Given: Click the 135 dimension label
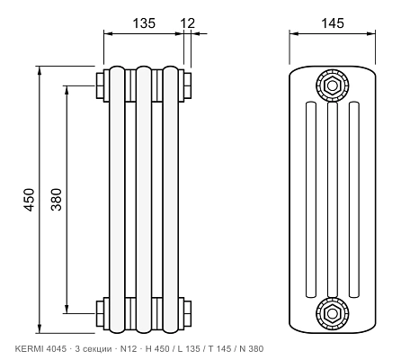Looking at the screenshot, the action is [x=144, y=23].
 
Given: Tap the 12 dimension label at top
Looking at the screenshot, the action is [x=188, y=23].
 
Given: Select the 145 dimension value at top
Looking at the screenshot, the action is [x=333, y=23].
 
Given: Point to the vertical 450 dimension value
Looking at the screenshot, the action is [x=30, y=200].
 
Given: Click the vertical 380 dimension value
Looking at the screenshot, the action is [x=56, y=200].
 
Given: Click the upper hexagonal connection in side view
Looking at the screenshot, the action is [x=332, y=85].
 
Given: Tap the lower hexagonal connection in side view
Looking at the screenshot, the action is [x=332, y=313].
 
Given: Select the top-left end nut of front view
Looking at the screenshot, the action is [x=100, y=85].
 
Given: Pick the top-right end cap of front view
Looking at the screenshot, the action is [x=188, y=85].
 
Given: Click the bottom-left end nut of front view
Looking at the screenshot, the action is [x=100, y=313].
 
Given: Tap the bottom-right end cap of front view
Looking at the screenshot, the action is [x=188, y=313].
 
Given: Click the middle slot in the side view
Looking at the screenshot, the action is [x=333, y=200].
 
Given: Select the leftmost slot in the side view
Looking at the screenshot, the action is [x=310, y=200].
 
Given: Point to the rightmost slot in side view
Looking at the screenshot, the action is [x=354, y=200].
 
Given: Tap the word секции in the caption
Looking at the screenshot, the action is [x=96, y=349].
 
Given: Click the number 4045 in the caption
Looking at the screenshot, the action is [x=56, y=349].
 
